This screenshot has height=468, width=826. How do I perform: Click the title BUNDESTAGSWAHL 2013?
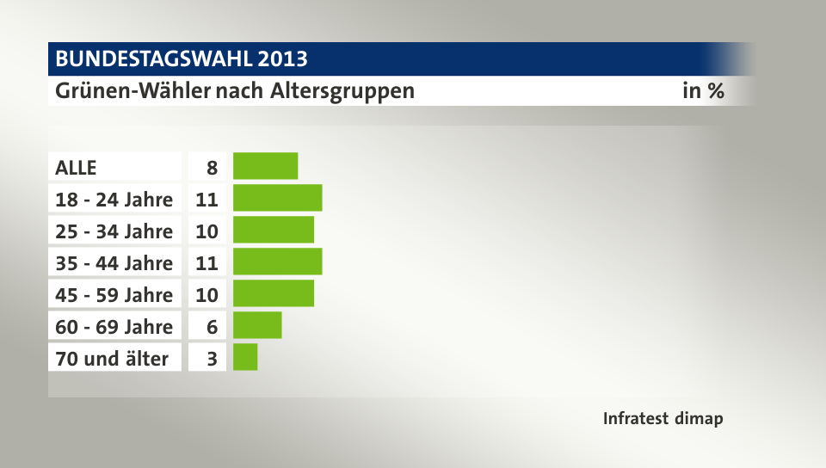coord(182,59)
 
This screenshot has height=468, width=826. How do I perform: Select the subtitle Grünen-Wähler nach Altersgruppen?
coord(235,90)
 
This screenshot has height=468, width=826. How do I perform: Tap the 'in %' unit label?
coord(703,90)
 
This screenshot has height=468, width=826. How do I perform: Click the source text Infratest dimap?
coord(663,419)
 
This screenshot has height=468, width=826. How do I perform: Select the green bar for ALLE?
coord(265,166)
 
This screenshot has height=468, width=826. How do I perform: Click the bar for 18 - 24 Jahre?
coord(277,198)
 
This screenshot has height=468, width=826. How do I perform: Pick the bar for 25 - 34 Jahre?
coord(274,230)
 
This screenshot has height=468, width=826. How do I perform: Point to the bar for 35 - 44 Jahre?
coord(277,262)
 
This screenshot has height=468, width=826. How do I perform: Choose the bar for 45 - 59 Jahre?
coord(274,293)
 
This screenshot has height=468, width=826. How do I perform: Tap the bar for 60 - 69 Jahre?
coord(257,325)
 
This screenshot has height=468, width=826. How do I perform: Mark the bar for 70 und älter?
coord(245,357)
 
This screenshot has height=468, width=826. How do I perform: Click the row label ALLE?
coord(77,167)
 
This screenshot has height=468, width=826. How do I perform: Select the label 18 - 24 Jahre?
coord(114,199)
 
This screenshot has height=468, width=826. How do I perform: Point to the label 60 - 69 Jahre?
coord(114,326)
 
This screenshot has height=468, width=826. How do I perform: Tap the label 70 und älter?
coord(112,358)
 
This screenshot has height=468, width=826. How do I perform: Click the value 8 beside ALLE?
coord(211,167)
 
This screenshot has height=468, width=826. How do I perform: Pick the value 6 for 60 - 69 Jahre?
coord(211,326)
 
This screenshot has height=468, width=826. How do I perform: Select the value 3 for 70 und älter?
coord(211,358)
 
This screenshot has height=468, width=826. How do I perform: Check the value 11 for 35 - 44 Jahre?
coord(206,262)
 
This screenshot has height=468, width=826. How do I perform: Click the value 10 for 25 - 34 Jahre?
coord(206,231)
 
